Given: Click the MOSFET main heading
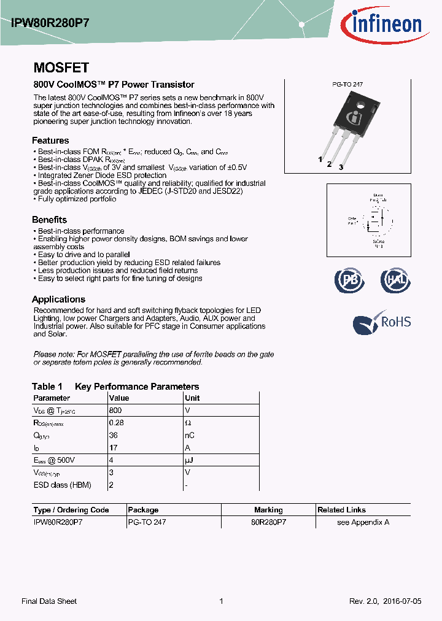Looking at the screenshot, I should (x=61, y=68).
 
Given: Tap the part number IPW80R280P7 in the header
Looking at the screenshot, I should (x=50, y=23).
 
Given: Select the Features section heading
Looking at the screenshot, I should (x=50, y=141).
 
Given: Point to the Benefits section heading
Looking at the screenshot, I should (x=49, y=220).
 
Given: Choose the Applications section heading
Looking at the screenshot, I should (x=58, y=299).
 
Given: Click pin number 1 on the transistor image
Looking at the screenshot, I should (x=320, y=160).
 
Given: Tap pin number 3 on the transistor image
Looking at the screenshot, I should (x=341, y=167).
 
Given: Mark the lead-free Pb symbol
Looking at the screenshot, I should (x=349, y=280).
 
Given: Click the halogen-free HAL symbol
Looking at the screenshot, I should (x=395, y=280).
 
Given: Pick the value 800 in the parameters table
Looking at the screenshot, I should (x=115, y=411).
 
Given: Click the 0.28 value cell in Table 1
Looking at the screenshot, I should (x=116, y=423).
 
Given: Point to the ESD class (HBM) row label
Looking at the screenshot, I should (x=62, y=485).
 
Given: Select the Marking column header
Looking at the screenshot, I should (x=268, y=510).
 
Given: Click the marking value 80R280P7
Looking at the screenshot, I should (x=268, y=522).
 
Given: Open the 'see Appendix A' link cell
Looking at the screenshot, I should (x=363, y=522).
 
